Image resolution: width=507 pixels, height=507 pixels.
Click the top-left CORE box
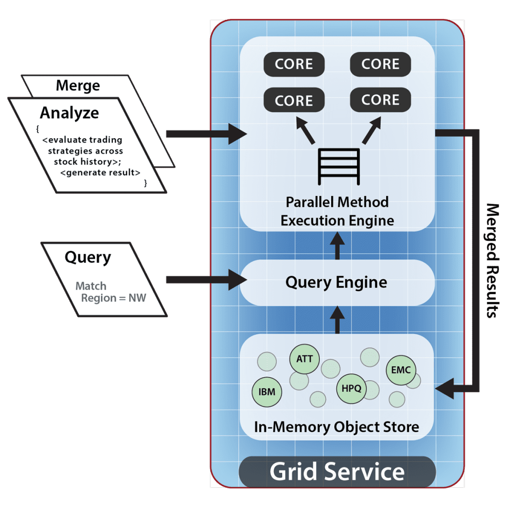click(x=294, y=65)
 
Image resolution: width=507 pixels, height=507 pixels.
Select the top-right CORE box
click(x=380, y=64)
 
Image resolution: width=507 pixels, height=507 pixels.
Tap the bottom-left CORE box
click(x=294, y=101)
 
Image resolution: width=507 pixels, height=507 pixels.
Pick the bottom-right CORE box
click(x=380, y=100)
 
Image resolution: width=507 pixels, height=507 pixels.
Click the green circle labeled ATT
click(x=304, y=358)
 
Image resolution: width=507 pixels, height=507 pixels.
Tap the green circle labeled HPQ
click(x=351, y=388)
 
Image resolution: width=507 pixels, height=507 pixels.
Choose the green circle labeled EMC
click(x=401, y=370)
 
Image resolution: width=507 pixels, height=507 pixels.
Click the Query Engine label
click(x=336, y=283)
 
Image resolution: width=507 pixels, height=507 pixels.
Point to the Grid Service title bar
click(x=337, y=471)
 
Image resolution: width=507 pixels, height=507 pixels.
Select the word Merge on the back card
click(x=78, y=85)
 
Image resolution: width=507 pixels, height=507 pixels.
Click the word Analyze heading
click(x=69, y=113)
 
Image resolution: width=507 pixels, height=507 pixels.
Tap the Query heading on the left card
click(x=88, y=257)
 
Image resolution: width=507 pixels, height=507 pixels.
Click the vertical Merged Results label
click(x=491, y=260)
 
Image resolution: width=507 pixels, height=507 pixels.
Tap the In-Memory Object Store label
click(x=337, y=427)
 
